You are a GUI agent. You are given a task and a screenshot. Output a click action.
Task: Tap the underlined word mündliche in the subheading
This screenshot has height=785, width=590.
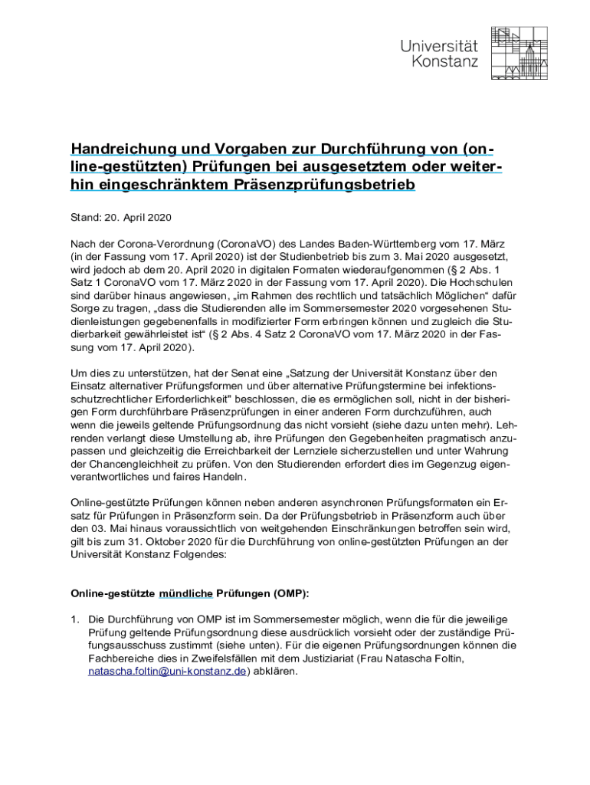point(185,593)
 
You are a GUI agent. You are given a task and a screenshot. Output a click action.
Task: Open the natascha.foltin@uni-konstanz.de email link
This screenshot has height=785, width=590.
point(167,672)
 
